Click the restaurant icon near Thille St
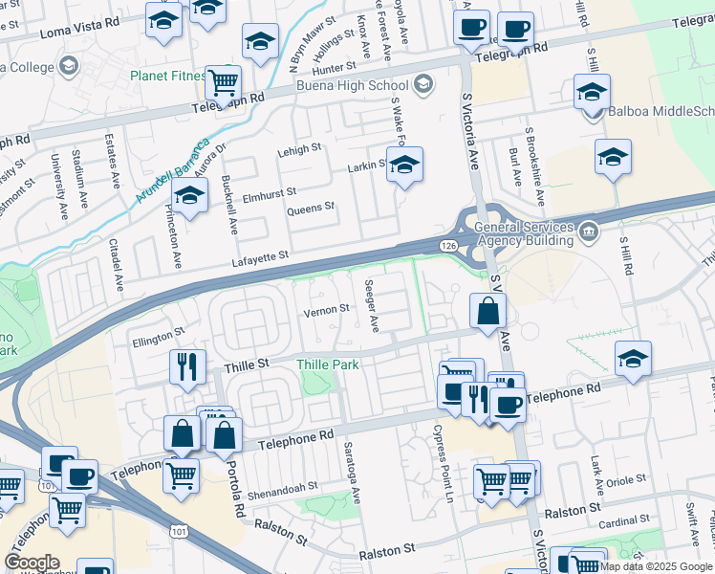[x=187, y=366]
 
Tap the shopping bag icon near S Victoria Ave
[x=487, y=311]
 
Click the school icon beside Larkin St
[x=404, y=166]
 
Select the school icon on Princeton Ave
[x=189, y=196]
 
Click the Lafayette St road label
[x=260, y=257]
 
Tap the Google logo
[x=32, y=563]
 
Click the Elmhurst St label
[x=271, y=195]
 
